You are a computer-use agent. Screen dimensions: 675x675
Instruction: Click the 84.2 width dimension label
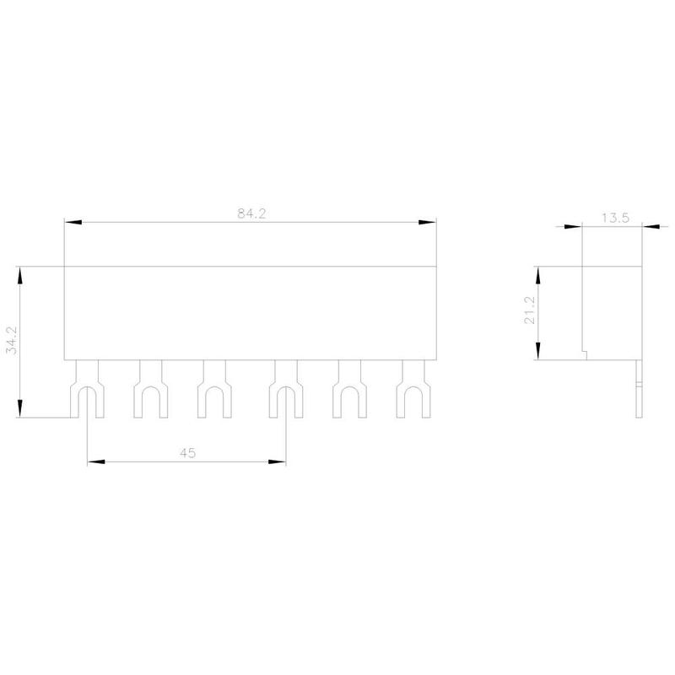pos(251,213)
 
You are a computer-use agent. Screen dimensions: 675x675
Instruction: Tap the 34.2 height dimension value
pos(12,340)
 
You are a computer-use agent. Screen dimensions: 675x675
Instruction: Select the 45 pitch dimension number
pos(187,453)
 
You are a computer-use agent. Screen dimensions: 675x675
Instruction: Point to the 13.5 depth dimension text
pos(615,218)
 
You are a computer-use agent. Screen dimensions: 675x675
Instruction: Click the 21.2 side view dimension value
pos(530,310)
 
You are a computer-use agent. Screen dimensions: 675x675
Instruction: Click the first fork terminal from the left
pos(87,389)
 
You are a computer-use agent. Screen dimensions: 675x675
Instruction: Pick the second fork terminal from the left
pos(151,389)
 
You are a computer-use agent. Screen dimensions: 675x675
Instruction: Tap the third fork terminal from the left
pos(214,389)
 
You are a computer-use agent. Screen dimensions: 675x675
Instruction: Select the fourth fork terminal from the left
pos(286,389)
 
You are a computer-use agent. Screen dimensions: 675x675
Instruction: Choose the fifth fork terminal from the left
pos(349,389)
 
